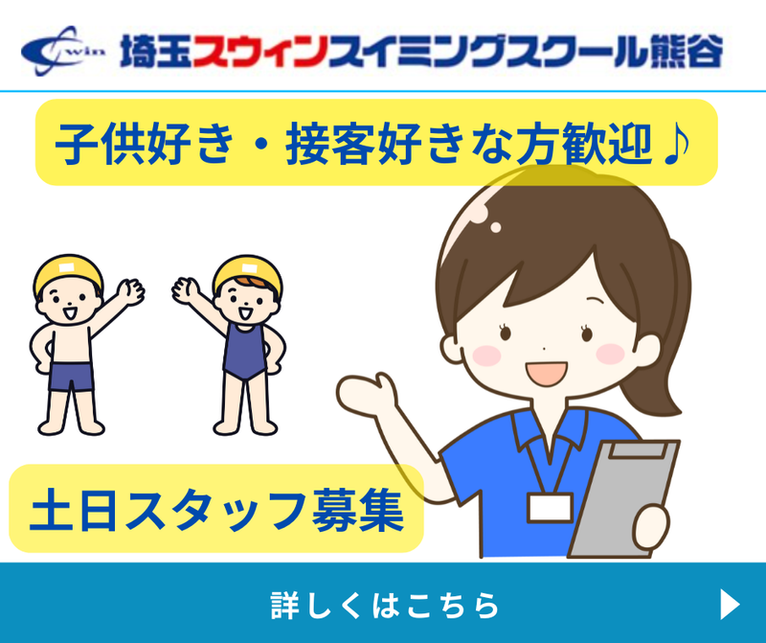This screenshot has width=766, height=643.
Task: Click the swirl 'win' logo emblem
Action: click(x=62, y=51)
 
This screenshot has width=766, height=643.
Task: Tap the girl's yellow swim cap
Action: click(x=248, y=274)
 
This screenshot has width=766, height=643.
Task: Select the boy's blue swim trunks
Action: click(x=71, y=377)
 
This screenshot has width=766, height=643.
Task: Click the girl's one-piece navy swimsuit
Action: click(x=245, y=351)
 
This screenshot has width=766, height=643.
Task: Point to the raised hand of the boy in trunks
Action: click(x=130, y=291)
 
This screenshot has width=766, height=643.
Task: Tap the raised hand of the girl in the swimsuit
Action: click(x=186, y=290)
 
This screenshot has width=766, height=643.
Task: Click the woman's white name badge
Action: click(x=550, y=508)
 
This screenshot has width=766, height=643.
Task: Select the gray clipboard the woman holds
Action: click(x=623, y=498)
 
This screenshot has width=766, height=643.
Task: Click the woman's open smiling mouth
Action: click(x=546, y=373)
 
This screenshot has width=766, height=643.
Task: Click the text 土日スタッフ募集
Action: click(x=216, y=510)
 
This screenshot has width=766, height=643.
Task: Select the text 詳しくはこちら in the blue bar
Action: click(x=385, y=606)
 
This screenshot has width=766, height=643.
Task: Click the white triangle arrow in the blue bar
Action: click(x=730, y=605)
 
